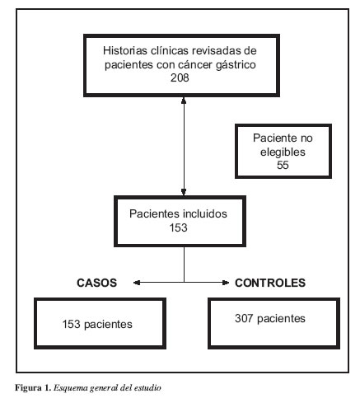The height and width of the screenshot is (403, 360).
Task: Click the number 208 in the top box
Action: click(180, 77)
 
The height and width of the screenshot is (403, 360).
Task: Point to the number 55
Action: click(283, 165)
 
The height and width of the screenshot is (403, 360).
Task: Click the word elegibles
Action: click(283, 152)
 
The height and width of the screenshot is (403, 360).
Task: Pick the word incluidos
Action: click(205, 213)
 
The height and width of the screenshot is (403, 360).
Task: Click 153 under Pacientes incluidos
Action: click(178, 227)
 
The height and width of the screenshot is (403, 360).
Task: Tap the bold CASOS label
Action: click(96, 283)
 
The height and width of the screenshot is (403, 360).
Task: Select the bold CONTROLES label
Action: click(270, 283)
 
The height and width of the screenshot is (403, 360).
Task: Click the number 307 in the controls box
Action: click(244, 318)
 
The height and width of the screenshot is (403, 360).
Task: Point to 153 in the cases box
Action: click(71, 324)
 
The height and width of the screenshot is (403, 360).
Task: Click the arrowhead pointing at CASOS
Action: click(137, 283)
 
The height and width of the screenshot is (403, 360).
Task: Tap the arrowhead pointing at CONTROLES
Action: click(226, 283)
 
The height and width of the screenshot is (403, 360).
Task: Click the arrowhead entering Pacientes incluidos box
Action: click(184, 192)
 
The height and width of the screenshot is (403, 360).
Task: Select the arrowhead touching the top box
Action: click(184, 101)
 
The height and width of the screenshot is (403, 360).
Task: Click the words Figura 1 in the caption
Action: click(33, 388)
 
